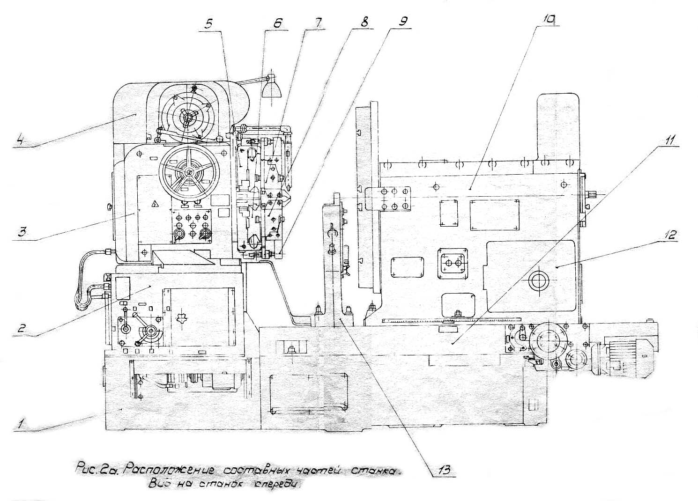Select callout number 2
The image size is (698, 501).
(21, 328)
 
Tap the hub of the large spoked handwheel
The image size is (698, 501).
(189, 172)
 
